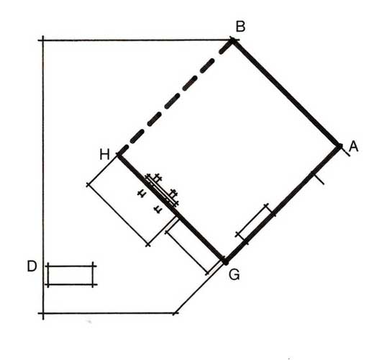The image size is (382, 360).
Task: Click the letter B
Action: click(x=240, y=27)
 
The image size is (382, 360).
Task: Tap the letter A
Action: click(x=353, y=147)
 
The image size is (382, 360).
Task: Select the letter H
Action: click(x=105, y=155)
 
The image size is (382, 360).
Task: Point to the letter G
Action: click(x=235, y=274)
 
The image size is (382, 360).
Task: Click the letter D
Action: click(x=32, y=266)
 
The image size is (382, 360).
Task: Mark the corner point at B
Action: click(x=232, y=40)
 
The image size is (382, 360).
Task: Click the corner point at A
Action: click(x=340, y=146)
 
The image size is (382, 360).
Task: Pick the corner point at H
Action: click(x=119, y=155)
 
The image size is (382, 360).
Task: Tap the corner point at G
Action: click(x=226, y=262)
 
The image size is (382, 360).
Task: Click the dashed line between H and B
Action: click(x=176, y=98)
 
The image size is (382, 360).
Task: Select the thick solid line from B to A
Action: click(x=286, y=93)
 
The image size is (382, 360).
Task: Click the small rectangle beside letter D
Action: click(x=71, y=275)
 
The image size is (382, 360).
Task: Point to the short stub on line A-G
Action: click(x=318, y=179)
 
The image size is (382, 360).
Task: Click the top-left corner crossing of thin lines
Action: click(x=43, y=40)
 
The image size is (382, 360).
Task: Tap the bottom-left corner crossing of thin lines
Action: click(x=43, y=313)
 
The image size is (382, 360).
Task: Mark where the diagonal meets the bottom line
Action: click(x=175, y=313)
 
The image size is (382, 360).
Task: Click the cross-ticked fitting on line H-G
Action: click(x=161, y=190)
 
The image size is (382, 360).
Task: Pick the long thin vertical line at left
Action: click(x=43, y=178)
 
